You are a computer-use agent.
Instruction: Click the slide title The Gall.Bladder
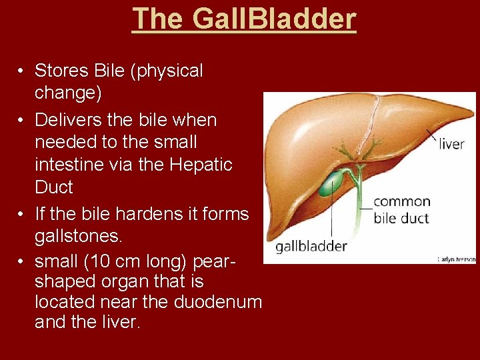click(244, 19)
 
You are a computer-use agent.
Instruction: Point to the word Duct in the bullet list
click(53, 187)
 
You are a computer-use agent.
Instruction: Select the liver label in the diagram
click(451, 144)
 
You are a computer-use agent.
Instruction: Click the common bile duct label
click(402, 209)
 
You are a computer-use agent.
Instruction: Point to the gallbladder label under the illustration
click(311, 246)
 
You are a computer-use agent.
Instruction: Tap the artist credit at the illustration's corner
click(456, 259)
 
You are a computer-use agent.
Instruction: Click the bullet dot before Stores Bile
click(22, 71)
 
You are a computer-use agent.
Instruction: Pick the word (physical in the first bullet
click(169, 71)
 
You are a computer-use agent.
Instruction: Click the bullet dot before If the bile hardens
click(22, 215)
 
